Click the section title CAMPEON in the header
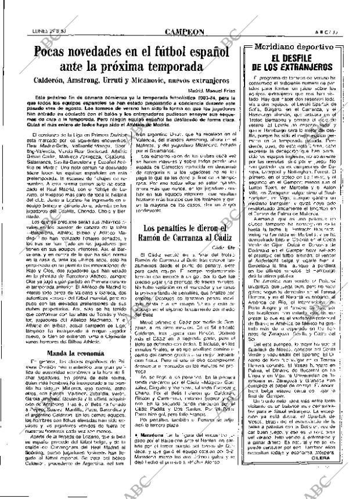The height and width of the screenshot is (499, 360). coord(183,17)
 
